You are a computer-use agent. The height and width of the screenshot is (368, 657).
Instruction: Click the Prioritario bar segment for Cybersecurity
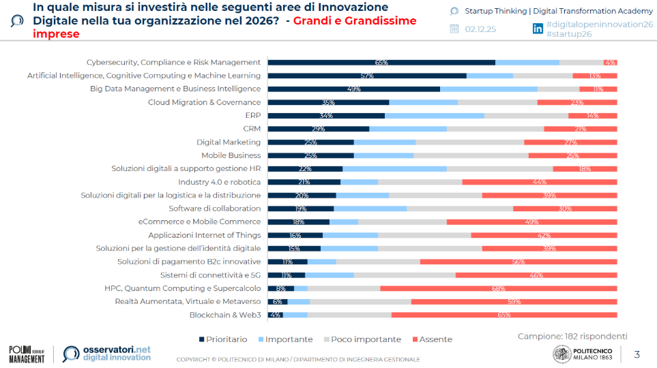click(x=381, y=62)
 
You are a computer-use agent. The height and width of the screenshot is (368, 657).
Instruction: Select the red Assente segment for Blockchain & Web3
click(x=504, y=315)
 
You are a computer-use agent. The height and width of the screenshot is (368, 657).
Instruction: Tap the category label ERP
click(x=252, y=115)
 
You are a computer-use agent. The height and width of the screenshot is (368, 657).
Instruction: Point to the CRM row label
click(x=252, y=129)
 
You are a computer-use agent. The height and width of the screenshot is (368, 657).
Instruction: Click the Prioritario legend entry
click(x=223, y=339)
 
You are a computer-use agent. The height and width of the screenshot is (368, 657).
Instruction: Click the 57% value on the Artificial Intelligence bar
click(x=367, y=76)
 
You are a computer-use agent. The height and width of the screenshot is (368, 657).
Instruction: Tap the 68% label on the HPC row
click(x=498, y=288)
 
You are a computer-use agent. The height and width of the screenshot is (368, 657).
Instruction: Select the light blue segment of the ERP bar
click(x=434, y=115)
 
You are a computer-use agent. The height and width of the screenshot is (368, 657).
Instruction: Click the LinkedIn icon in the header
click(x=538, y=28)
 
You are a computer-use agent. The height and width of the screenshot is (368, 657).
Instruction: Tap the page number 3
click(x=637, y=354)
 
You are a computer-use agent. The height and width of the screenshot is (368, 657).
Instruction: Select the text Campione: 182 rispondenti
click(x=572, y=336)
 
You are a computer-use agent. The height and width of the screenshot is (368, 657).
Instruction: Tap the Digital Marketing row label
click(x=229, y=142)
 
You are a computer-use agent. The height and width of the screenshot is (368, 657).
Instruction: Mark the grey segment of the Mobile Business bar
click(x=471, y=155)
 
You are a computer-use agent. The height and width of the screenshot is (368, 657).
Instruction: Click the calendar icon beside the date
click(x=454, y=29)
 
